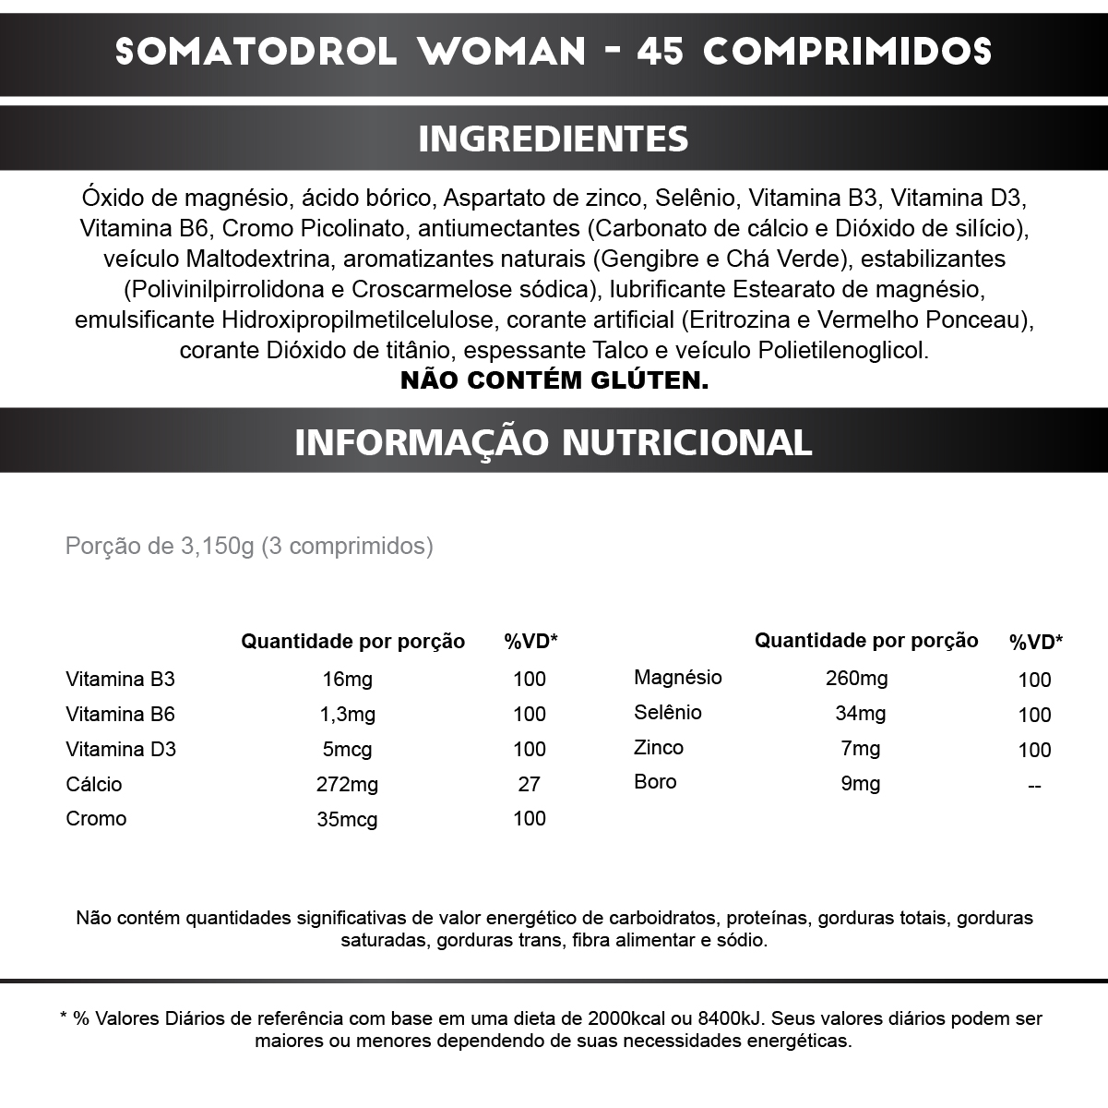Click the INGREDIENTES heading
pyautogui.click(x=554, y=138)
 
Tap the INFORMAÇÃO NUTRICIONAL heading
pyautogui.click(x=554, y=441)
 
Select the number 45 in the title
pyautogui.click(x=660, y=51)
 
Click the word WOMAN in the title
pyautogui.click(x=502, y=51)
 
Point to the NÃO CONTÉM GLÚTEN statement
pyautogui.click(x=554, y=380)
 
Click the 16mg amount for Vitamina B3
pyautogui.click(x=348, y=680)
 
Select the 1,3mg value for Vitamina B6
pyautogui.click(x=348, y=715)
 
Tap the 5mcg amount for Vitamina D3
pyautogui.click(x=348, y=750)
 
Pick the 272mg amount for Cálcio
pyautogui.click(x=348, y=785)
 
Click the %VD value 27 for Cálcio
pyautogui.click(x=529, y=785)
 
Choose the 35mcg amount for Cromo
pyautogui.click(x=348, y=820)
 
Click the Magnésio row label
pyautogui.click(x=678, y=678)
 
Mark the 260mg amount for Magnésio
pyautogui.click(x=857, y=680)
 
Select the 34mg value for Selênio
pyautogui.click(x=860, y=714)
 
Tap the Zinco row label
pyautogui.click(x=659, y=748)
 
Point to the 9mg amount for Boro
pyautogui.click(x=860, y=784)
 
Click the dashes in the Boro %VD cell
pyautogui.click(x=1034, y=786)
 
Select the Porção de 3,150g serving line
pyautogui.click(x=249, y=546)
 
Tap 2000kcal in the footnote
pyautogui.click(x=625, y=1019)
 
